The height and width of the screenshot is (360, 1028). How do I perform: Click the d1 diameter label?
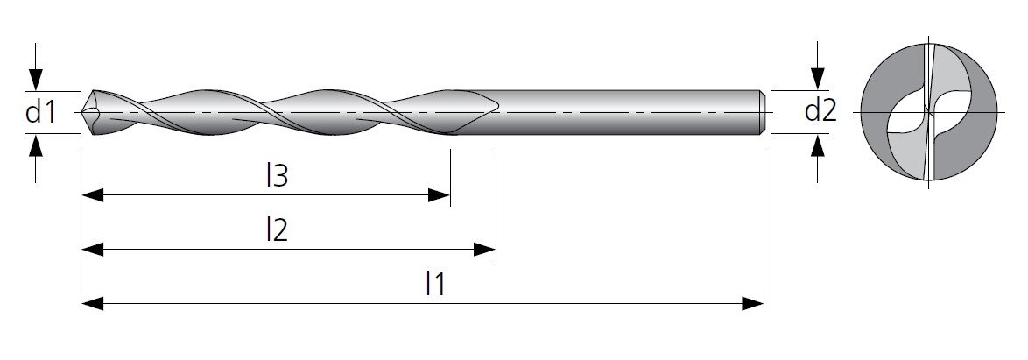pos(40,112)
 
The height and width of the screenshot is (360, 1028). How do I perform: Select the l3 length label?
pos(277,176)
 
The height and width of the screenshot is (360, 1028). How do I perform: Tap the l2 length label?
pos(277,230)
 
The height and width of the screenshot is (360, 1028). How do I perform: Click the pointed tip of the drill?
pos(82,113)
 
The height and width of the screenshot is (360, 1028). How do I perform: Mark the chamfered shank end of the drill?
pos(763,112)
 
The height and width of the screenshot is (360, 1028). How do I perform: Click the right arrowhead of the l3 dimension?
pos(440,194)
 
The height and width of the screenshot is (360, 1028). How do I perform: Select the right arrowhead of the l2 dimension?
pos(484,249)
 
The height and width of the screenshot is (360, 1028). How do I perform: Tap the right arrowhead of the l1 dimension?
pos(753,304)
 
